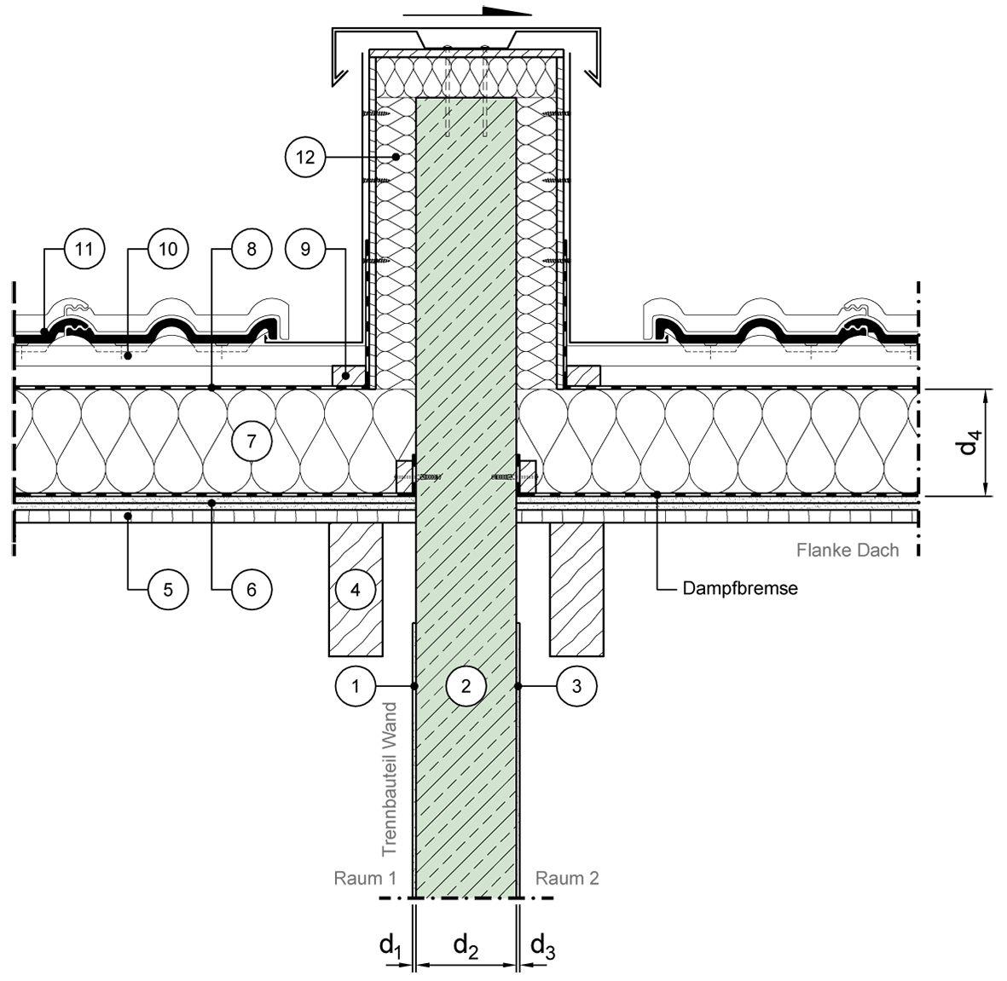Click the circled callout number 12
click(305, 156)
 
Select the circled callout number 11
click(84, 249)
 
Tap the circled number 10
click(168, 249)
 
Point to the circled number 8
click(251, 249)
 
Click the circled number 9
click(305, 249)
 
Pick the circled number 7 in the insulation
click(251, 441)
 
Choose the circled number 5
click(168, 589)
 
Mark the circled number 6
click(251, 589)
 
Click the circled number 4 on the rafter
click(356, 589)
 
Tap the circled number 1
click(356, 686)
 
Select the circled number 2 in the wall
click(466, 686)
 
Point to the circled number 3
click(576, 686)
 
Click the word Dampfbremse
click(740, 588)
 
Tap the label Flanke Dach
click(848, 551)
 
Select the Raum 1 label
click(365, 878)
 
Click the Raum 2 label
click(567, 878)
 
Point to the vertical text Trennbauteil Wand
click(389, 779)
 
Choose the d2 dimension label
click(466, 947)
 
